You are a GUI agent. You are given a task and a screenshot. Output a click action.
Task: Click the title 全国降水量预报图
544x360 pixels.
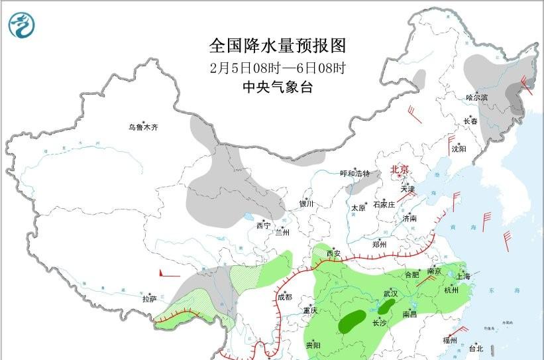278,46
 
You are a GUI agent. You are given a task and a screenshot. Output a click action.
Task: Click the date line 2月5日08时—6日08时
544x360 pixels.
278,68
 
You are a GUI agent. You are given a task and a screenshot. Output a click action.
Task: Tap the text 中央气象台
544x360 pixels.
278,87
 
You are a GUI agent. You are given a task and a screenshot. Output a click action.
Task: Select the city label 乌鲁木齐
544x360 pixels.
144,127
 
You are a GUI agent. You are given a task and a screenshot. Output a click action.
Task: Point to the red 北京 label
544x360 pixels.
400,170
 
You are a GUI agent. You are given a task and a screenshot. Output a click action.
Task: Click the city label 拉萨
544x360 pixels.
148,299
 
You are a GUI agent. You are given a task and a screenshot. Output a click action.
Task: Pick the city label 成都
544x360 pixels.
284,297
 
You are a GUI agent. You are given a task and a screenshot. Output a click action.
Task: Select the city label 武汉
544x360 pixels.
390,293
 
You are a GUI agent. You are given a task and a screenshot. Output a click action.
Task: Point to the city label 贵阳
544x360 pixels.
313,345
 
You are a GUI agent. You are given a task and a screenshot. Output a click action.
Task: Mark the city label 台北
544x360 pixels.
476,348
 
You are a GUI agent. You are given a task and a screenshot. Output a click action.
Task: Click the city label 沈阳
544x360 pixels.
459,149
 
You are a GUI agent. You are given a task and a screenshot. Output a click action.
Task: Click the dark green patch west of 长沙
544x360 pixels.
353,322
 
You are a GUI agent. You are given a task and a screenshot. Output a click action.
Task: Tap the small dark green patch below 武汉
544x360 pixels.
385,307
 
